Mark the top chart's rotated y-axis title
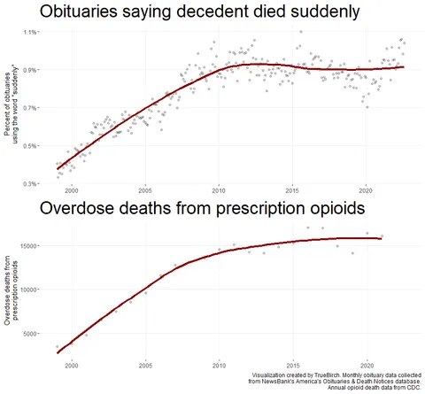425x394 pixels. [x=12, y=107]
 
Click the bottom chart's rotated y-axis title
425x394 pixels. [x=12, y=290]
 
